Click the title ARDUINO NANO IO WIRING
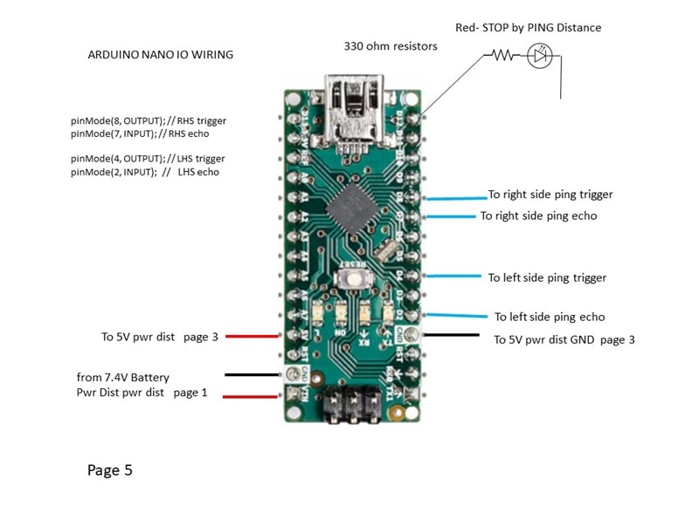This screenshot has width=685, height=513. (x=161, y=54)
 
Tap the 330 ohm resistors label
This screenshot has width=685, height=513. (x=391, y=45)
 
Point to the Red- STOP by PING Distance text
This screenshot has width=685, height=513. (x=528, y=27)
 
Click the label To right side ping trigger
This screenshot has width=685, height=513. (x=550, y=195)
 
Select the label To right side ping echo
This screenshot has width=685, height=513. (x=538, y=215)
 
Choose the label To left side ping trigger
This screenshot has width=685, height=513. (x=547, y=277)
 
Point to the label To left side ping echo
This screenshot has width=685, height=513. (x=550, y=317)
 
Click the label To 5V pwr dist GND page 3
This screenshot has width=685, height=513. (x=564, y=339)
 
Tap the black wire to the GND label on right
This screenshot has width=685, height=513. (x=452, y=335)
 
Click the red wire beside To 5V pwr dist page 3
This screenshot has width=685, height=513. (x=253, y=336)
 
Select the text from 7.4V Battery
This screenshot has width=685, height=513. (x=123, y=377)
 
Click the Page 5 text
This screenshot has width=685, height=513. (x=110, y=470)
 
